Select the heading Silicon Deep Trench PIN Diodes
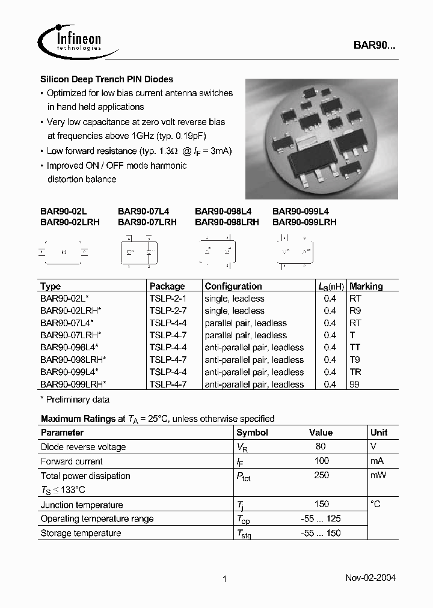(x=106, y=79)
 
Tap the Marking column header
(x=366, y=287)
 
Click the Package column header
(x=167, y=287)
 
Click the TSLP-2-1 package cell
(x=168, y=299)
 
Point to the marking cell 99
(x=354, y=385)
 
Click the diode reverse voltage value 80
(x=321, y=446)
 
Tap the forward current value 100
(x=321, y=461)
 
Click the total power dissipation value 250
(x=321, y=475)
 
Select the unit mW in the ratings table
(x=378, y=475)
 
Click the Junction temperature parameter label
(x=82, y=505)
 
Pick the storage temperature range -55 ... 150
(x=321, y=533)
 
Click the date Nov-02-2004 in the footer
(x=370, y=578)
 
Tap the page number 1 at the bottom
(x=224, y=579)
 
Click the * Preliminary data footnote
(x=75, y=400)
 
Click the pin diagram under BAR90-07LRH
(x=138, y=252)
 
